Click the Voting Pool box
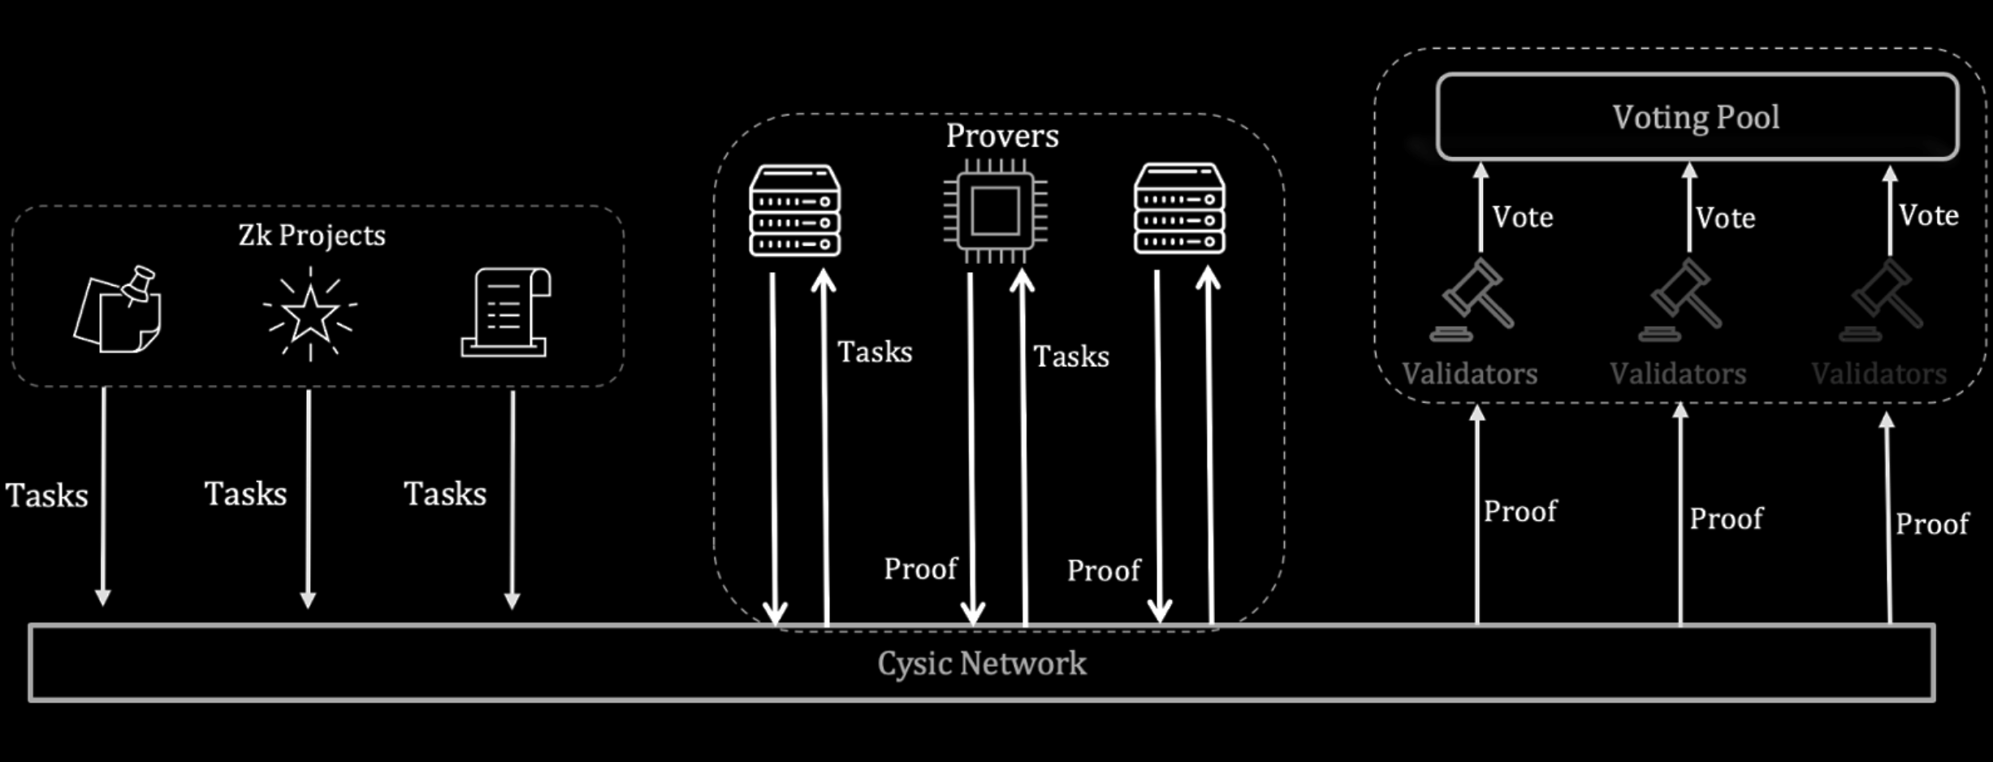(x=1697, y=117)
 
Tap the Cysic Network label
(x=981, y=664)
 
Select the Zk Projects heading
(x=312, y=236)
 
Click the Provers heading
(x=1002, y=136)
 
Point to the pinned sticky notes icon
(x=118, y=310)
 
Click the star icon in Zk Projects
(x=309, y=314)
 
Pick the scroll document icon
(x=506, y=313)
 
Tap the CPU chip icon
(x=996, y=210)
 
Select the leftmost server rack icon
(x=794, y=210)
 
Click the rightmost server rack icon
(x=1179, y=209)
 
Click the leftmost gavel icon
(x=1472, y=299)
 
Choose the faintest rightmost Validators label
(x=1878, y=374)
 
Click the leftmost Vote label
(x=1523, y=217)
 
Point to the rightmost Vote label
(x=1929, y=215)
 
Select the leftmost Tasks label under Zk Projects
(x=47, y=495)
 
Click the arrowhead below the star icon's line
(x=308, y=600)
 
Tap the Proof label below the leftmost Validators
(x=1520, y=511)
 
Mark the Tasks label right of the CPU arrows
(x=1071, y=356)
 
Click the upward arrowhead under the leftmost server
(x=824, y=281)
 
